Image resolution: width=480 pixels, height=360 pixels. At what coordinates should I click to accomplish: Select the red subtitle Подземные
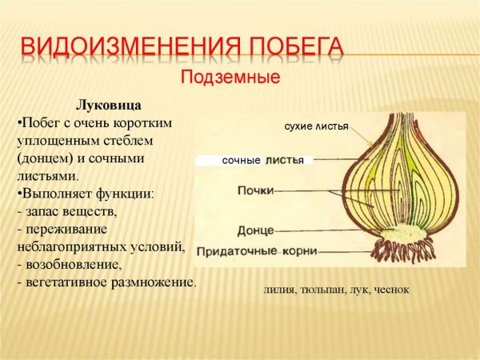[230, 78]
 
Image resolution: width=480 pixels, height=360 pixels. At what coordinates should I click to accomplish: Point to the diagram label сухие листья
[317, 127]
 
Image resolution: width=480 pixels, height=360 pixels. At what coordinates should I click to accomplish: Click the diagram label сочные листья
[262, 161]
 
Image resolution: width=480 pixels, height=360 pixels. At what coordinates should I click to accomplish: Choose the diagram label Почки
[256, 190]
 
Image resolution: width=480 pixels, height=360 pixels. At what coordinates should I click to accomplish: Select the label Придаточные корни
[257, 251]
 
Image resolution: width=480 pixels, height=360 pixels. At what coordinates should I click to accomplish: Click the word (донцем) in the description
[43, 158]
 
